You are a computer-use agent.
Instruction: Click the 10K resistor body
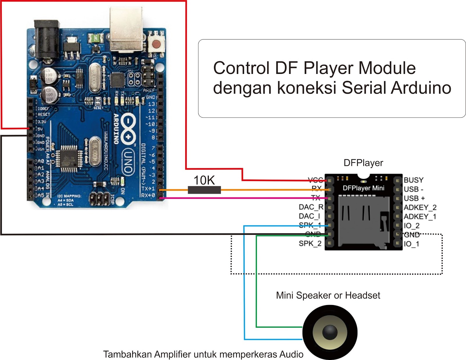point(204,190)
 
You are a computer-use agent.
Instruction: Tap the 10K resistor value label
point(204,180)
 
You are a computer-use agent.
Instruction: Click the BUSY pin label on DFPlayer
point(413,180)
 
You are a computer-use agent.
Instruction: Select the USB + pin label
point(414,198)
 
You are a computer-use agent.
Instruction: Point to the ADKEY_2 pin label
point(420,207)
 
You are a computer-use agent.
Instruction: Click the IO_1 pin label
point(411,244)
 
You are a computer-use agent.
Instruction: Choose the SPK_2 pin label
point(310,243)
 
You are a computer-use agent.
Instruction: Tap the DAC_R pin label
point(311,207)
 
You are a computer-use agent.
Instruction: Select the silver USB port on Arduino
point(126,29)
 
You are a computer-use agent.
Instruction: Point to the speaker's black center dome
point(330,332)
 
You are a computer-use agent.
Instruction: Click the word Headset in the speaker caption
point(362,295)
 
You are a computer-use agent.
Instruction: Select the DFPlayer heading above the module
point(363,163)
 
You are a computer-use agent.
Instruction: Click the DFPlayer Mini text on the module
point(363,188)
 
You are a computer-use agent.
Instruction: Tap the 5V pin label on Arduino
point(40,129)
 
